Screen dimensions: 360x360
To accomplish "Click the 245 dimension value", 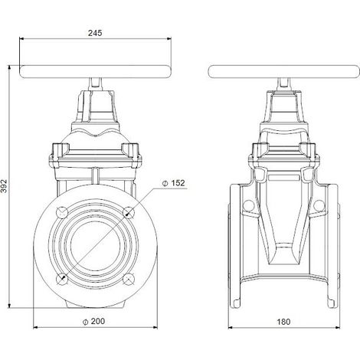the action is (95, 33).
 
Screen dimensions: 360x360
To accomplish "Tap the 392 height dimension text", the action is (4, 186).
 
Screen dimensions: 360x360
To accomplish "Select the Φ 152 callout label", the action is (173, 183).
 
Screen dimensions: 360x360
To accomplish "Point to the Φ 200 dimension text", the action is (93, 322).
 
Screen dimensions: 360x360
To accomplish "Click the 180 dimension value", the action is (283, 322).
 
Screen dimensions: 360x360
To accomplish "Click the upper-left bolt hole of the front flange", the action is (62, 212).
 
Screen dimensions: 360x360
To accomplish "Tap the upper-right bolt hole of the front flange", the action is (129, 212).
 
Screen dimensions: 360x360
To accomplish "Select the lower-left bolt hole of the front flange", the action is (62, 279).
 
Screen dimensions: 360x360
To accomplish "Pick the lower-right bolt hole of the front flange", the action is (129, 279).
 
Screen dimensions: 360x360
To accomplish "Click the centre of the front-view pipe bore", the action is (95, 246).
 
